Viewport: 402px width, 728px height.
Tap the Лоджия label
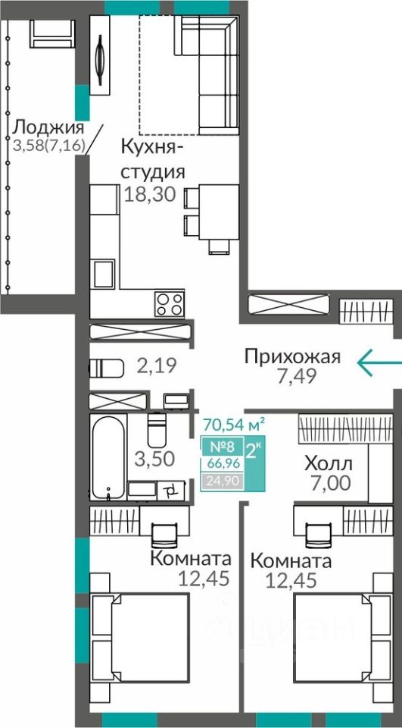[48, 127]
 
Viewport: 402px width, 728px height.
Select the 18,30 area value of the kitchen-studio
[150, 194]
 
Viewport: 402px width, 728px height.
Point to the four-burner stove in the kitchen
[169, 304]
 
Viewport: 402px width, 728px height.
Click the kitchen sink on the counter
[104, 274]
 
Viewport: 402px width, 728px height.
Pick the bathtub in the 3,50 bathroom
[108, 457]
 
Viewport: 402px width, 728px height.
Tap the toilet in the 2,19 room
[107, 369]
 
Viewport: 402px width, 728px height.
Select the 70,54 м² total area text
[234, 425]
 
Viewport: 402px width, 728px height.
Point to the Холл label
[329, 463]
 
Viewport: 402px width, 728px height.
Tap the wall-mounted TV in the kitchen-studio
[100, 55]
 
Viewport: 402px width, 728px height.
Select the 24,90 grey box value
[221, 481]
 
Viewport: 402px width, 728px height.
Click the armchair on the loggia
[52, 33]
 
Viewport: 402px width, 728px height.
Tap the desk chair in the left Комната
[164, 535]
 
